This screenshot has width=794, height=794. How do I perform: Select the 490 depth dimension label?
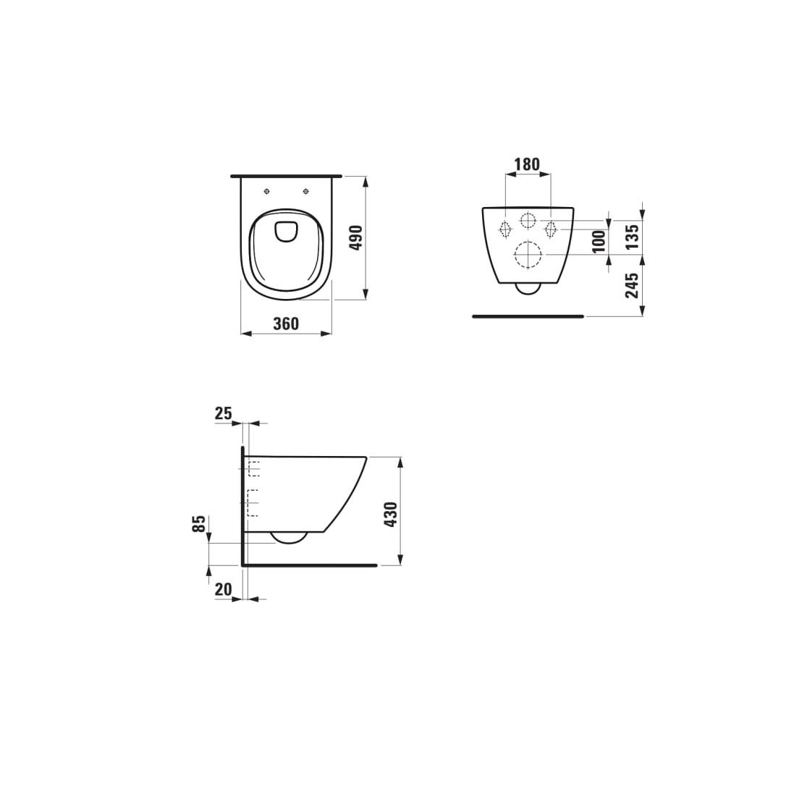tap(355, 237)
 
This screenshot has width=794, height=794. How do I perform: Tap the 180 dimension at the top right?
tap(526, 164)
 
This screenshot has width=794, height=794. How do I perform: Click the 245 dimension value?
tap(632, 286)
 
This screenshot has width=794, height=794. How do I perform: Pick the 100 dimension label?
tap(598, 241)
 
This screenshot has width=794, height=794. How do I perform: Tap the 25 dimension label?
tap(223, 413)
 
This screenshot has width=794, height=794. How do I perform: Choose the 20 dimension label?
tap(223, 590)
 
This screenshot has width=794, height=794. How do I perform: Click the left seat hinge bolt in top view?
tap(267, 191)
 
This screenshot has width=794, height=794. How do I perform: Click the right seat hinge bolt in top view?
tap(307, 191)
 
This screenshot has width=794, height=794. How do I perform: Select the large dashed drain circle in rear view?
tap(527, 255)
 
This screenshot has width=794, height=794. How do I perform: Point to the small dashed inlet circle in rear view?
tap(528, 220)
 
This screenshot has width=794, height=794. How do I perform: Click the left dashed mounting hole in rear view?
tap(505, 229)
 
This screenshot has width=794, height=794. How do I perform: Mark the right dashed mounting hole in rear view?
tap(550, 229)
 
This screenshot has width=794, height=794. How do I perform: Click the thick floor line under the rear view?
tap(528, 316)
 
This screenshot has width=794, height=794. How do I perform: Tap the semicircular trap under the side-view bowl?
tap(290, 537)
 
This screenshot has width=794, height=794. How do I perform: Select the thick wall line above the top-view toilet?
tap(286, 176)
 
